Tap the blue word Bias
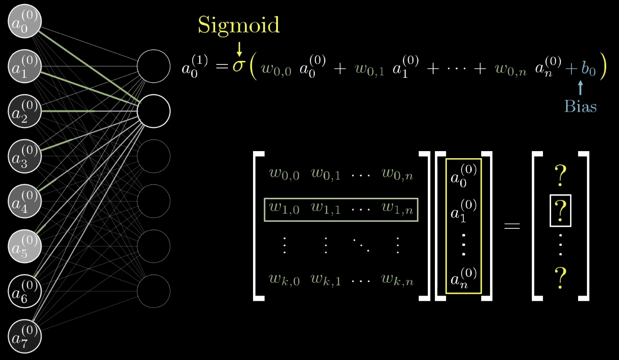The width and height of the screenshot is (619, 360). (x=580, y=107)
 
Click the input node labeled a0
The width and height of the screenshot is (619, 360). (x=25, y=21)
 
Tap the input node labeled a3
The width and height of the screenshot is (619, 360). (x=25, y=156)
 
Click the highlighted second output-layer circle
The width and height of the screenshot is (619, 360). (x=153, y=111)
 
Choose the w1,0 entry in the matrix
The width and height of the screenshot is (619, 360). (x=284, y=209)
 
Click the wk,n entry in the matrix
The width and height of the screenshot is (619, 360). (x=398, y=280)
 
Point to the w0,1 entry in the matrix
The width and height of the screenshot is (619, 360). (x=326, y=174)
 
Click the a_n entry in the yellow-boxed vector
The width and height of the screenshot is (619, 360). (x=463, y=278)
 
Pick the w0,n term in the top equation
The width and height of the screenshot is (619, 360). (x=510, y=70)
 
